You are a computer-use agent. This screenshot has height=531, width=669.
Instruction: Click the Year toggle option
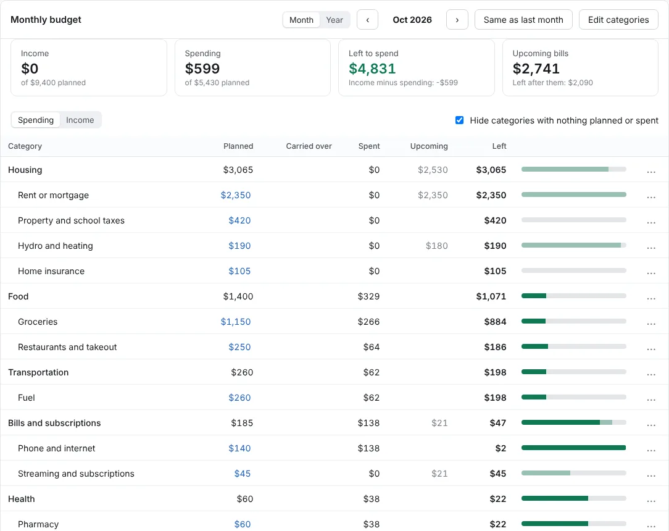tap(334, 20)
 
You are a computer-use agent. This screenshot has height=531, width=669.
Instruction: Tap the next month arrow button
tap(457, 20)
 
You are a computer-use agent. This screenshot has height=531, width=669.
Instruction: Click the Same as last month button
tap(523, 20)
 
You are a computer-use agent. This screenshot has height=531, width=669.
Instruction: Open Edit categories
tap(618, 20)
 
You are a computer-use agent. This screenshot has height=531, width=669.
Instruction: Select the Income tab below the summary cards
tap(80, 120)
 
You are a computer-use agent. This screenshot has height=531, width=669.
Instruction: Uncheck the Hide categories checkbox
tap(460, 120)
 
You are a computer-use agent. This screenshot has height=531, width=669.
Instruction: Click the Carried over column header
tap(309, 146)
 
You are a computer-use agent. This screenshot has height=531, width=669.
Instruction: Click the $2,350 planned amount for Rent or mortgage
tap(236, 195)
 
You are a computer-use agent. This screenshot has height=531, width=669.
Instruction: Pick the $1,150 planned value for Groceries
tap(236, 322)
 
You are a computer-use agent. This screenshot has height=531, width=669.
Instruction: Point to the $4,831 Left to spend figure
tap(372, 69)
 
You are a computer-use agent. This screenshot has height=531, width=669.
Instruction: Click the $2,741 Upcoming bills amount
tap(536, 69)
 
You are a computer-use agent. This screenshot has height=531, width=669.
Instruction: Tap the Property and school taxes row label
tap(71, 220)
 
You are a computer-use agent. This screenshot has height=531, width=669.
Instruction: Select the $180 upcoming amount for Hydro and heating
tap(437, 246)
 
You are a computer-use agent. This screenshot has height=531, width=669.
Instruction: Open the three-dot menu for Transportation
tap(651, 374)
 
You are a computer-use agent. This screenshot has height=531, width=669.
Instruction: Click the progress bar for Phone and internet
tap(574, 448)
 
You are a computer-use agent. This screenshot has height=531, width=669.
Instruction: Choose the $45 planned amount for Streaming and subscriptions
tap(243, 474)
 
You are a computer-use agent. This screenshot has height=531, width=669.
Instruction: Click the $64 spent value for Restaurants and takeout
tap(371, 347)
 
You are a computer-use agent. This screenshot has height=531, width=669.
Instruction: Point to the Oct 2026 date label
tap(412, 20)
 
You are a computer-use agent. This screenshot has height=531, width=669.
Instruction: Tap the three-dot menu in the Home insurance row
tap(651, 273)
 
